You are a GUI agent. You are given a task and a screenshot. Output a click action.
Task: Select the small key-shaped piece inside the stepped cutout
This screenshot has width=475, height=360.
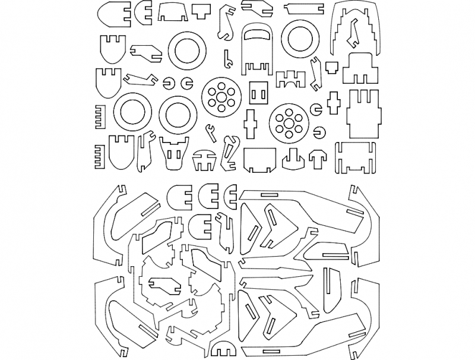(355, 33)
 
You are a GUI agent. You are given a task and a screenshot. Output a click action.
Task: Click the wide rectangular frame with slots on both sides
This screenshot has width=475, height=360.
(356, 157)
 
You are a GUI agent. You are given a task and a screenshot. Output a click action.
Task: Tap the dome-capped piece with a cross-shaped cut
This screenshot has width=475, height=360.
(204, 159)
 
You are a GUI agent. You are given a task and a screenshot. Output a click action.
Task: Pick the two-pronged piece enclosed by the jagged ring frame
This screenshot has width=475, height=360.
(160, 284)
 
